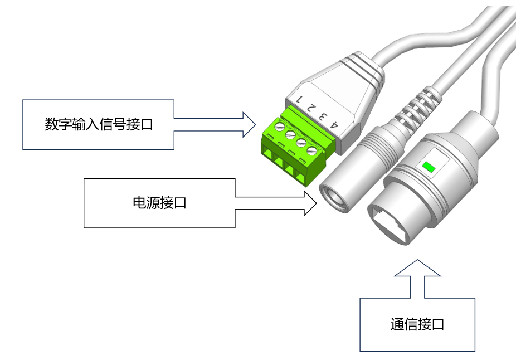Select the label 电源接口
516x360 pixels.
point(159,203)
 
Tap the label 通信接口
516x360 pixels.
point(417,325)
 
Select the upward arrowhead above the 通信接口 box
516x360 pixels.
point(417,269)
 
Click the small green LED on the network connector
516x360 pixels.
point(429,166)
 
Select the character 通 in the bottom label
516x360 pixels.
point(397,325)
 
